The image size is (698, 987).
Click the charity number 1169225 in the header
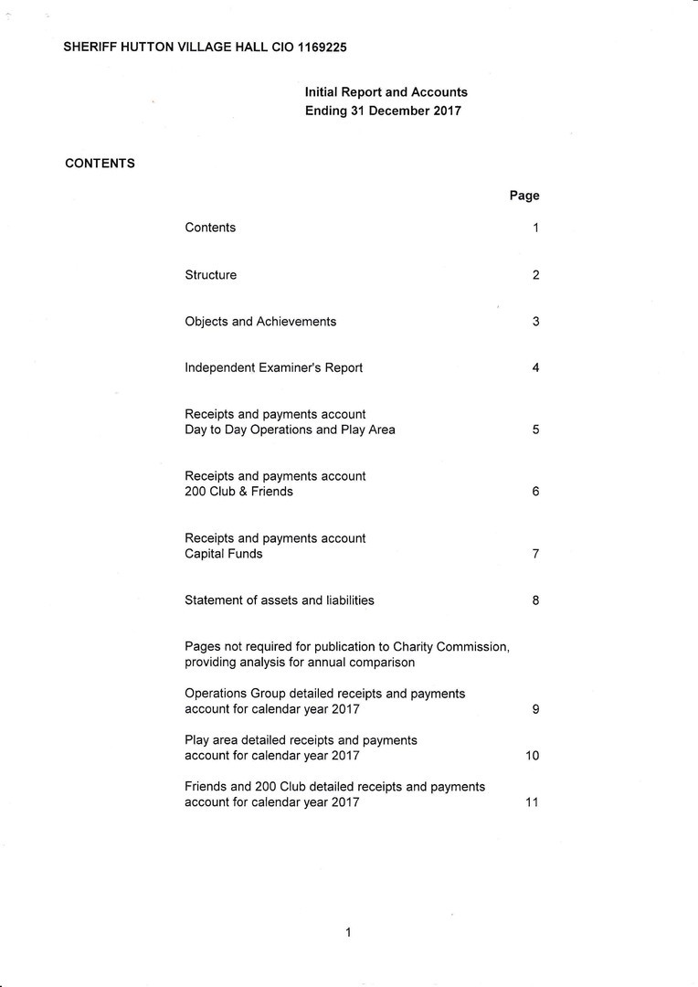coord(322,46)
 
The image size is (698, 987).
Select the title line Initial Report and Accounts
coord(386,92)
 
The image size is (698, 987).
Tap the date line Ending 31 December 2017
coord(383,111)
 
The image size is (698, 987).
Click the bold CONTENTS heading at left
coord(100,164)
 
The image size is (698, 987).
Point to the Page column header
coord(524,196)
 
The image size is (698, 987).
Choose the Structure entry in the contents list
coord(210,275)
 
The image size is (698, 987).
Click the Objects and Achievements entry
coord(260,322)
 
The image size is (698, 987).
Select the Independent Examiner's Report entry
coord(273,368)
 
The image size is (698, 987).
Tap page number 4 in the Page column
coord(535,368)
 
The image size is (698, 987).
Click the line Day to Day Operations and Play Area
coord(290,430)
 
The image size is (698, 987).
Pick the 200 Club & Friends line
coord(238,492)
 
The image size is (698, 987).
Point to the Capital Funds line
coord(223,554)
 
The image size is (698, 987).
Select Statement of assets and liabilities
coord(279,600)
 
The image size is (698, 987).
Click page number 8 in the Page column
coord(535,600)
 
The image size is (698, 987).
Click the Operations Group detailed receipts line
coord(324,694)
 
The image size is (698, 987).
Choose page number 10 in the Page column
coord(532,756)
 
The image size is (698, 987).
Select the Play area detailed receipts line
coord(301,740)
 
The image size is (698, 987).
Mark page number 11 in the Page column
coord(532,802)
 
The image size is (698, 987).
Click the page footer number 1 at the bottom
coord(348,932)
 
